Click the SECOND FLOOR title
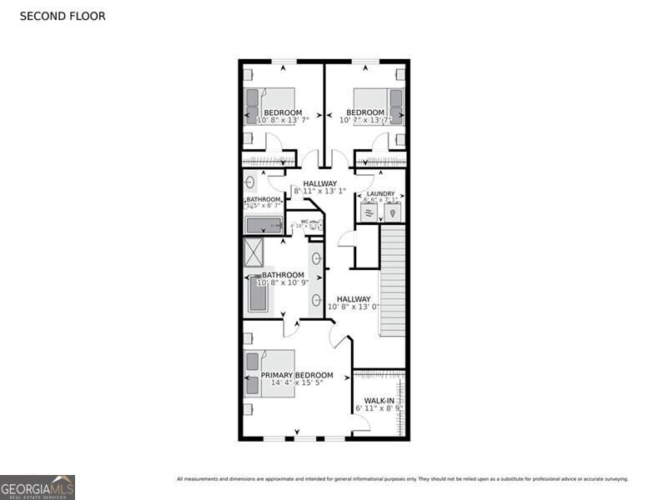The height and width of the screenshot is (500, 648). (62, 16)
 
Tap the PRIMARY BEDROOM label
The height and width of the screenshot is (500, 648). (297, 375)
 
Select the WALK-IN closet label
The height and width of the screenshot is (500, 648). (379, 401)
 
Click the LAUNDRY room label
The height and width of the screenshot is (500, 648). (380, 193)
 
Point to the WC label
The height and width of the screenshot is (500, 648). (304, 222)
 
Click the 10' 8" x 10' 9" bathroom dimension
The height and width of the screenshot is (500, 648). (284, 283)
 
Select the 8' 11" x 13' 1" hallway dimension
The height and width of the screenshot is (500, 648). (320, 192)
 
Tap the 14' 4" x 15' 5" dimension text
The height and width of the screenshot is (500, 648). (297, 384)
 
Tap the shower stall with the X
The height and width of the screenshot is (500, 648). (253, 252)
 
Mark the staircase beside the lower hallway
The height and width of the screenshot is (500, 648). (392, 282)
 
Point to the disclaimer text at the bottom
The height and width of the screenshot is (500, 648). (402, 478)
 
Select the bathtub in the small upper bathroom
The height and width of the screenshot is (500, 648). (264, 225)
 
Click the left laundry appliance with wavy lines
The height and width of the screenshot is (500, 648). (369, 212)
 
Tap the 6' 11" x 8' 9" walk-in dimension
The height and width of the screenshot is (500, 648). (379, 409)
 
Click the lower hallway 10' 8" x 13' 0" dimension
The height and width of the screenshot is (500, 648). (354, 307)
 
